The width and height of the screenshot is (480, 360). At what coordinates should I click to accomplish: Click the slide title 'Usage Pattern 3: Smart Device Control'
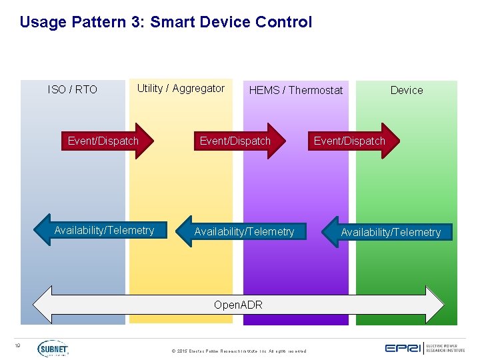click(x=165, y=22)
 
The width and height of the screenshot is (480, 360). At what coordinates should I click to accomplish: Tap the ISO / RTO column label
click(x=73, y=89)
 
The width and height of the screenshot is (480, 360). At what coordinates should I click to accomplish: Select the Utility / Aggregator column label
click(x=181, y=89)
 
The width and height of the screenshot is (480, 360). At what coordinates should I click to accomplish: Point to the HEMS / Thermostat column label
click(x=295, y=90)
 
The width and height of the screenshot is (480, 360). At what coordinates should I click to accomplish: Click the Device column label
click(x=407, y=90)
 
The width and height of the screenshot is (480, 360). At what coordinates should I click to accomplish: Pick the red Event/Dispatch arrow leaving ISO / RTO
click(x=107, y=141)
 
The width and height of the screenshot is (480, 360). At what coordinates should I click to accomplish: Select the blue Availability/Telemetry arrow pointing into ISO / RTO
click(x=100, y=231)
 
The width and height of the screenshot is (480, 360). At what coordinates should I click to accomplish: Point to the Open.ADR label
click(x=238, y=305)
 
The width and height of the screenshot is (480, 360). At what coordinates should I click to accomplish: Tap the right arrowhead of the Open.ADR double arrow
click(x=435, y=305)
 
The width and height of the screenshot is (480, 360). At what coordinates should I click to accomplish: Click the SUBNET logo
click(x=53, y=348)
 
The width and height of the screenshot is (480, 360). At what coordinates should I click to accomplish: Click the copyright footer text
click(x=239, y=351)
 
